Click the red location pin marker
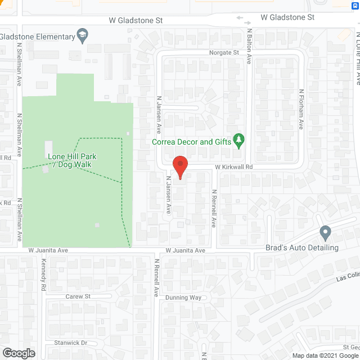pyautogui.click(x=179, y=167)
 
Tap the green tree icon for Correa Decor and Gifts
pyautogui.click(x=239, y=140)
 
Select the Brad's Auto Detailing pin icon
pyautogui.click(x=325, y=232)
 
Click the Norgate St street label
pyautogui.click(x=224, y=53)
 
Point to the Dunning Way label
pyautogui.click(x=183, y=298)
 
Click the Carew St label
pyautogui.click(x=78, y=296)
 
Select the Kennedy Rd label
pyautogui.click(x=43, y=274)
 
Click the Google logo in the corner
pyautogui.click(x=18, y=353)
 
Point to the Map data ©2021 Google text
pyautogui.click(x=325, y=355)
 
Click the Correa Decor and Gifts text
pyautogui.click(x=192, y=142)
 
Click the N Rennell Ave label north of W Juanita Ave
pyautogui.click(x=214, y=208)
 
